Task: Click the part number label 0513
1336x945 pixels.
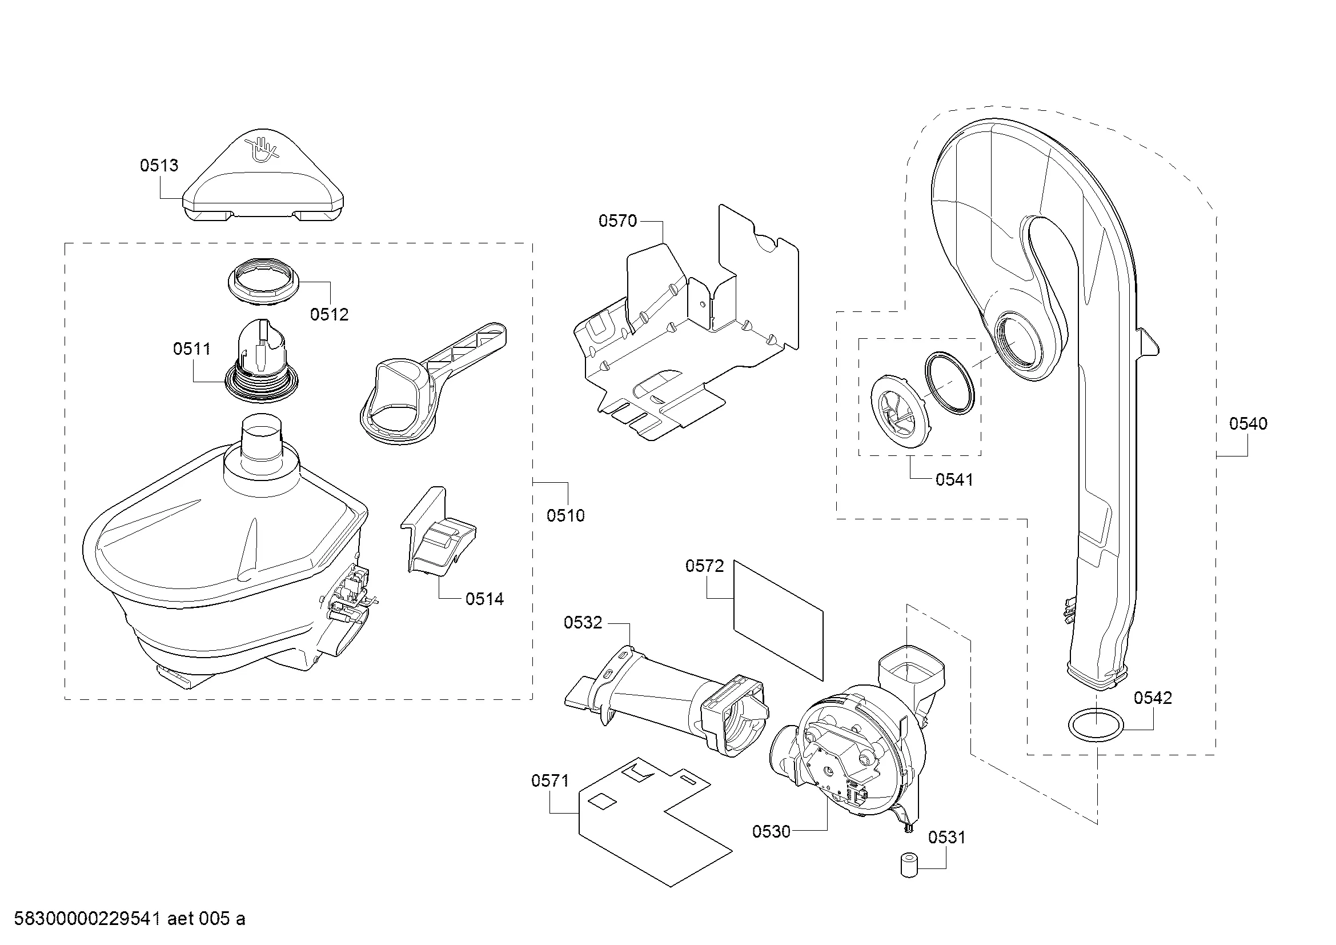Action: point(159,166)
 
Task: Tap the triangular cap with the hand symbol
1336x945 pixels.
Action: point(262,186)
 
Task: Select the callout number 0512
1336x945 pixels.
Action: point(329,315)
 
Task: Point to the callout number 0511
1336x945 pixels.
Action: point(191,349)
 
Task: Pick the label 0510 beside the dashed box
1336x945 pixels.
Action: point(565,515)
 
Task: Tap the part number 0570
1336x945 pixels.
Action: point(617,221)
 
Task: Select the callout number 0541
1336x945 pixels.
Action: point(954,480)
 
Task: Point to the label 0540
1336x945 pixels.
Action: point(1247,424)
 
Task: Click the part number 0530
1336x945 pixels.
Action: point(771,832)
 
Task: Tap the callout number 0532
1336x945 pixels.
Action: point(583,623)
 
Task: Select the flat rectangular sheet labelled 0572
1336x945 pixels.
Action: point(779,620)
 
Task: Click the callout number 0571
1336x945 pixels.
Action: point(550,781)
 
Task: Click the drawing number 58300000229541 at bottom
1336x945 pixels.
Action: point(87,919)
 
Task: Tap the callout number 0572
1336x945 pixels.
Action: point(704,566)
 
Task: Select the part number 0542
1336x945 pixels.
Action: point(1152,698)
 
